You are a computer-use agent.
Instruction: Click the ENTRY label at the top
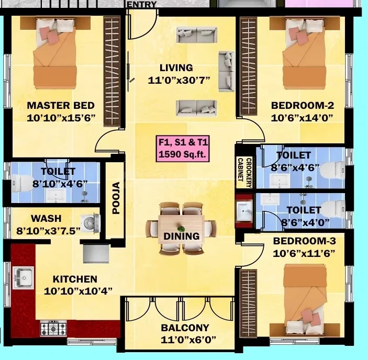[142, 5]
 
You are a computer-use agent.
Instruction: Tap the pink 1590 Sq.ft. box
[183, 149]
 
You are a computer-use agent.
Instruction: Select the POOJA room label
[116, 198]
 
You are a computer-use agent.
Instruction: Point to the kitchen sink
[23, 277]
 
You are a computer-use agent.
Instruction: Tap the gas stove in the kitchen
[53, 329]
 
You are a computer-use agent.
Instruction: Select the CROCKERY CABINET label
[244, 172]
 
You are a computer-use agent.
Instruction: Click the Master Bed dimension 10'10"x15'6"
[61, 118]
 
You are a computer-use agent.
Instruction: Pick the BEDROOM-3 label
[304, 241]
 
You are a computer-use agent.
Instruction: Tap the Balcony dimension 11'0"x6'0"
[188, 340]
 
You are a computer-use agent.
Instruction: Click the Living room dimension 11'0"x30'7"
[179, 80]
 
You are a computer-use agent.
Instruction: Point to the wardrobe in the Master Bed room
[112, 72]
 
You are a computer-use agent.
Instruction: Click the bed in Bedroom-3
[305, 300]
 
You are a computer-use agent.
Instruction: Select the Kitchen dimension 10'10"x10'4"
[78, 291]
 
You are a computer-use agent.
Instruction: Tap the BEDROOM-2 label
[302, 105]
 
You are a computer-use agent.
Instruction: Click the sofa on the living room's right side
[226, 71]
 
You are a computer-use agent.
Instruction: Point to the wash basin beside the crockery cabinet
[244, 211]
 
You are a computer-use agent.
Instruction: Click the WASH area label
[46, 218]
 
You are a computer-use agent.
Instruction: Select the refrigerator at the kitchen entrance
[96, 254]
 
